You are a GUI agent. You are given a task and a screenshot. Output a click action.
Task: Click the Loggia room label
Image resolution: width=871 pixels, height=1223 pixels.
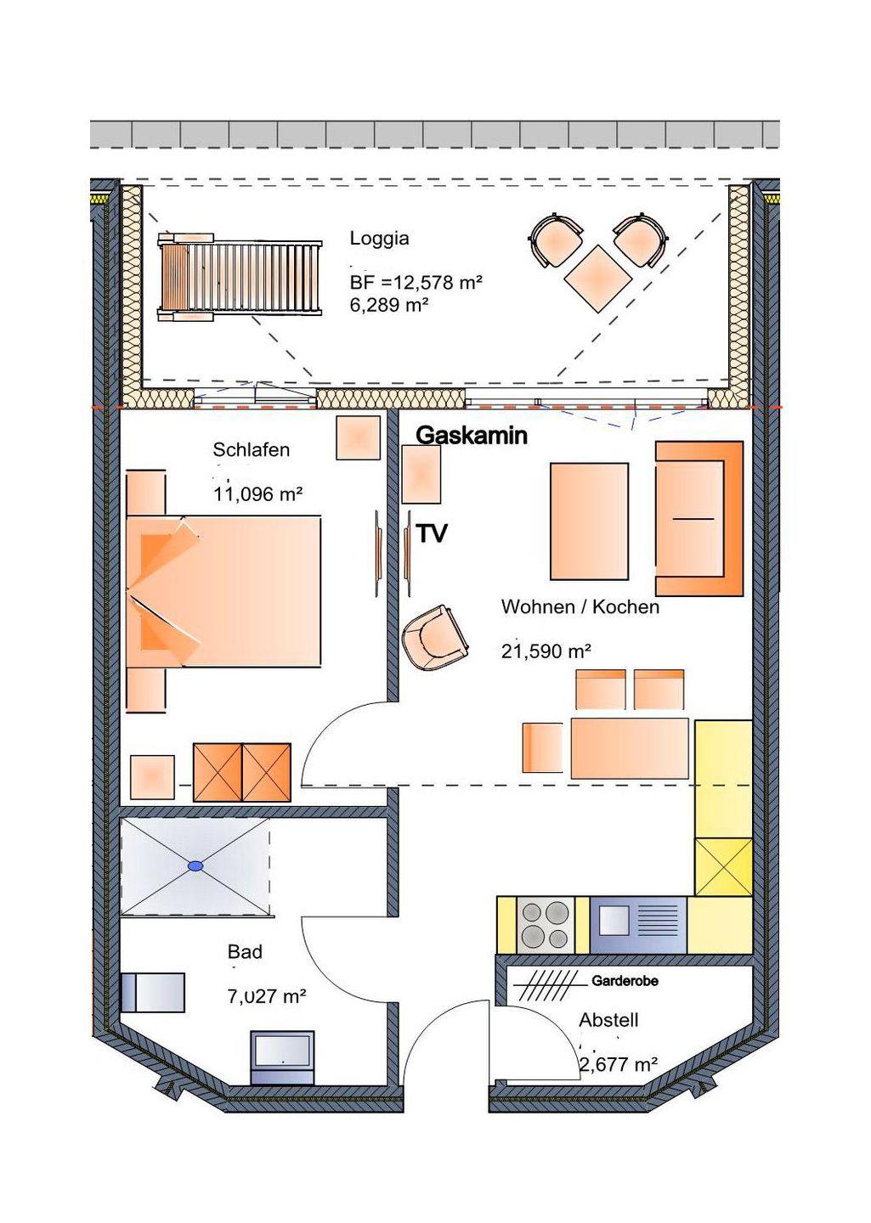[379, 240]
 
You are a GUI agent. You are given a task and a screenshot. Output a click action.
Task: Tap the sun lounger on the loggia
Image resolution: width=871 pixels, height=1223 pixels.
[240, 276]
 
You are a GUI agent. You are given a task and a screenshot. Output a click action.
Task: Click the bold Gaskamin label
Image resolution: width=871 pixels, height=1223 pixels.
[472, 436]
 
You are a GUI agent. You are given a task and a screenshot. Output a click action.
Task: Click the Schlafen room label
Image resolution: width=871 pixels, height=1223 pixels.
[251, 450]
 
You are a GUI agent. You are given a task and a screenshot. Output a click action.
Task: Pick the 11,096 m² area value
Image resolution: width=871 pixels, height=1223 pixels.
[258, 494]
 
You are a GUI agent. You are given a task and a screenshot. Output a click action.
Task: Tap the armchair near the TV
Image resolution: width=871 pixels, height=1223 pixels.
[435, 638]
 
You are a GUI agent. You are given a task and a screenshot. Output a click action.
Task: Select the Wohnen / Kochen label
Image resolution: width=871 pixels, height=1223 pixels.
[580, 607]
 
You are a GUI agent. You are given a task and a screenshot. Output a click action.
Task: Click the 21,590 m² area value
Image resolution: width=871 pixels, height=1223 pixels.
[546, 651]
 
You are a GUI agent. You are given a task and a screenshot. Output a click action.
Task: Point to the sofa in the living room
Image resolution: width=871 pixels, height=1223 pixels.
[699, 518]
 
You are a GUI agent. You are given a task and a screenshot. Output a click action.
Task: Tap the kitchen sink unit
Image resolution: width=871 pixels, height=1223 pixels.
[638, 925]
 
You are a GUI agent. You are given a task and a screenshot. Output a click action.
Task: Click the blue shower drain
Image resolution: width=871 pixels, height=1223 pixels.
[195, 865]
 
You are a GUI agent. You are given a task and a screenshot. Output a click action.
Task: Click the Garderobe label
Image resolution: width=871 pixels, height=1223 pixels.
[625, 981]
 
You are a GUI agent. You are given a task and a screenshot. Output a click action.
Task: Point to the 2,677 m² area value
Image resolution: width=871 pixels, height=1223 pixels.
[618, 1064]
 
